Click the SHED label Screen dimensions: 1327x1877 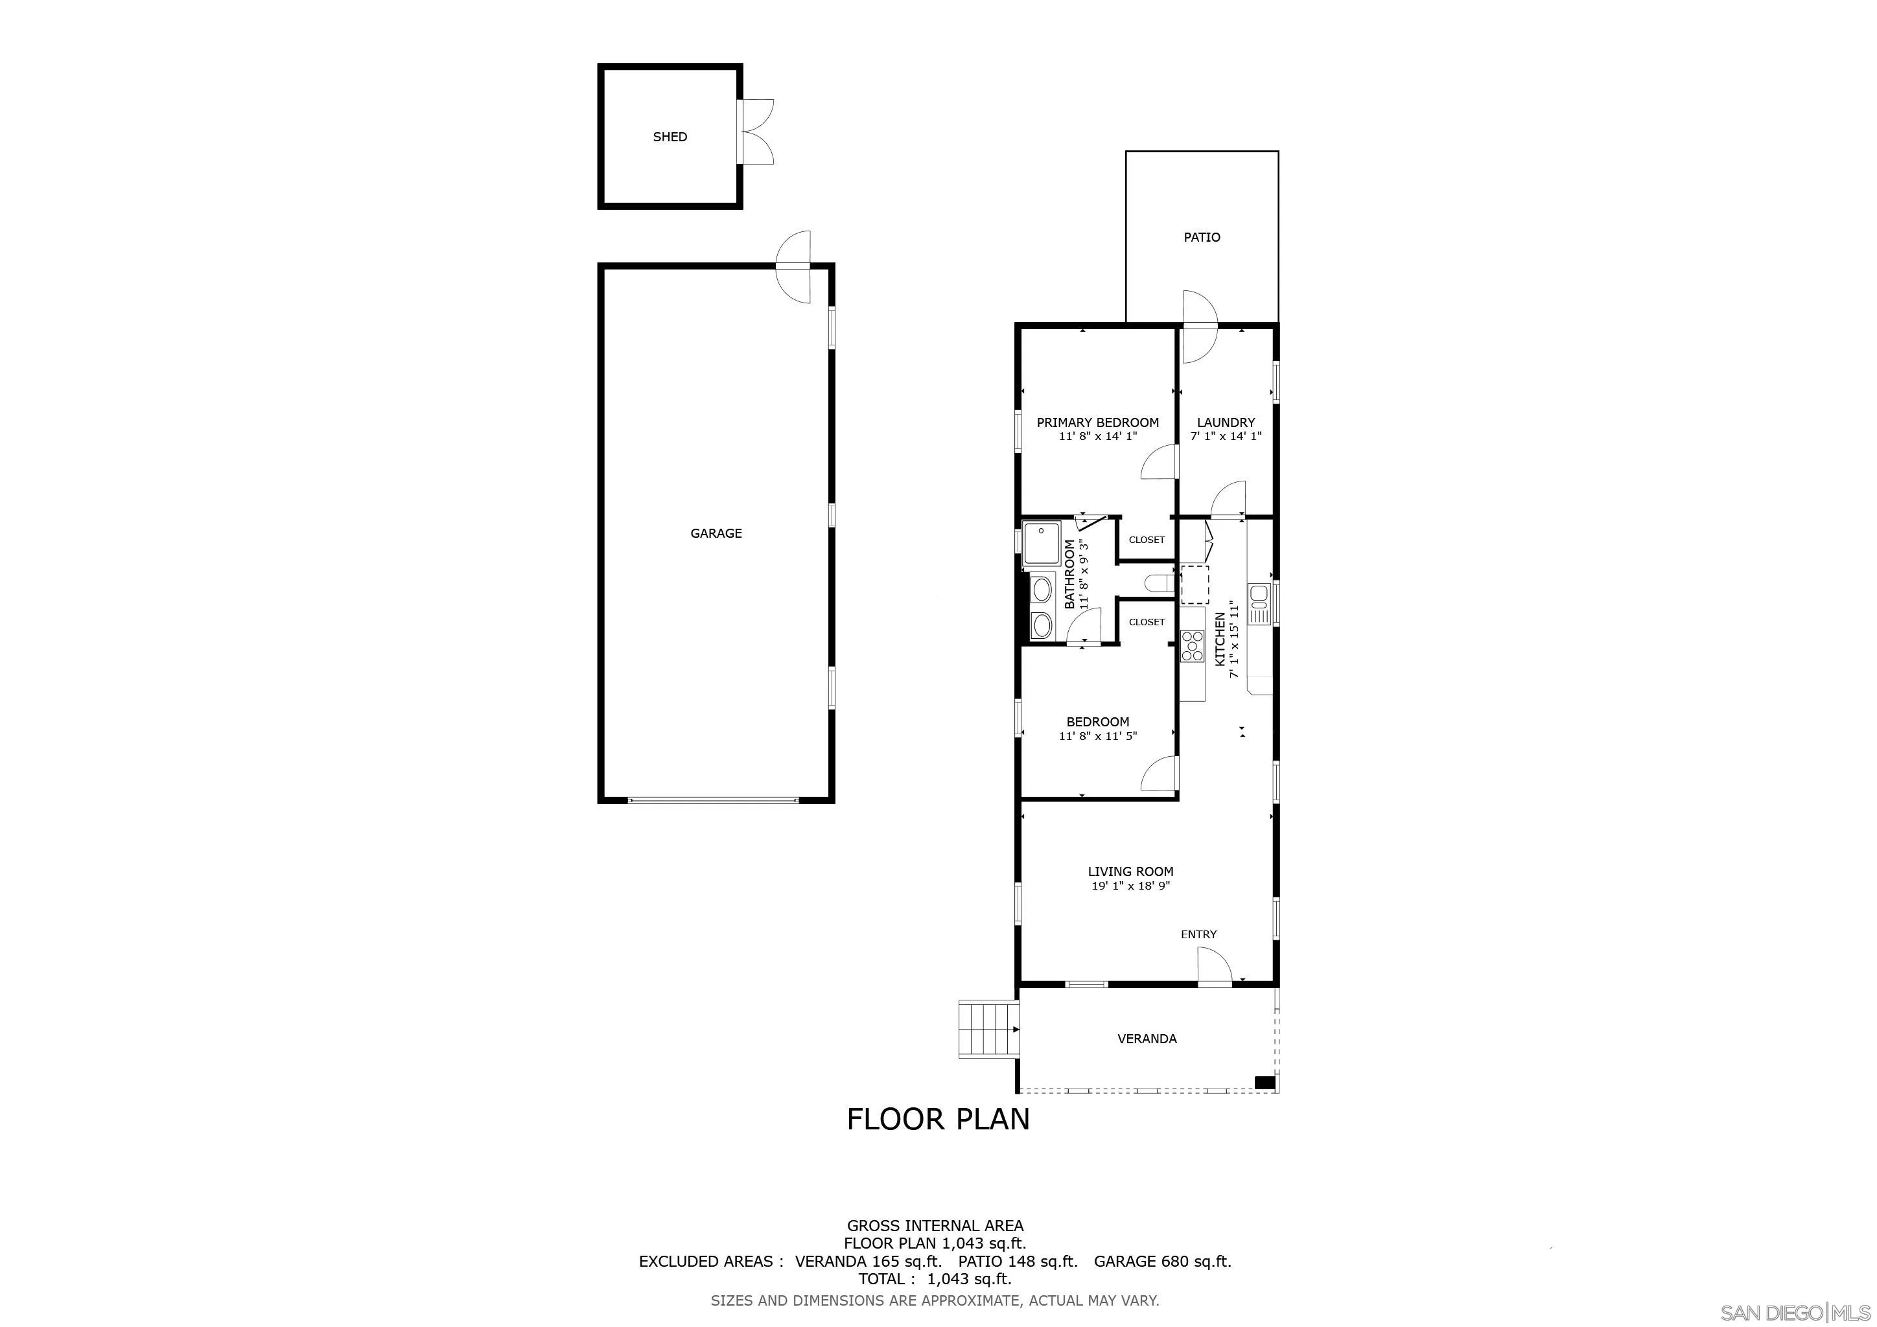click(670, 137)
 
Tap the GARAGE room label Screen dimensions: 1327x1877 click(716, 533)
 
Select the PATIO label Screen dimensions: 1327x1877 click(1202, 238)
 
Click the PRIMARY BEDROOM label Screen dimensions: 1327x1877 click(1097, 422)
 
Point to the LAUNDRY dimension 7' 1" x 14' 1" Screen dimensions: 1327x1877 click(1226, 436)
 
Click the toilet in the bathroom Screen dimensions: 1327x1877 click(1160, 583)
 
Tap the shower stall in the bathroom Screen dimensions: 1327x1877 click(1041, 544)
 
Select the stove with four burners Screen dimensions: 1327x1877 click(1192, 645)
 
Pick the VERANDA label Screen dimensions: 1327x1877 click(1147, 1039)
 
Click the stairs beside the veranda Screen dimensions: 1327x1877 click(989, 1029)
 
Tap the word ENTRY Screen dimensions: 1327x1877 click(1198, 934)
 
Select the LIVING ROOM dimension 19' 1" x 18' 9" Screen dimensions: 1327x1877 click(1130, 886)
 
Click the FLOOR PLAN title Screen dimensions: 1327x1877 click(938, 1120)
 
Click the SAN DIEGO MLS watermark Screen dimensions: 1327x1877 click(1795, 1312)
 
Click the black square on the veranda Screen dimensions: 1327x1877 click(1265, 1083)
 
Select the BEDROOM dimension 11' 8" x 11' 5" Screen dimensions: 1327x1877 click(1098, 736)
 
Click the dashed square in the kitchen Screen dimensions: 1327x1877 click(1195, 584)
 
